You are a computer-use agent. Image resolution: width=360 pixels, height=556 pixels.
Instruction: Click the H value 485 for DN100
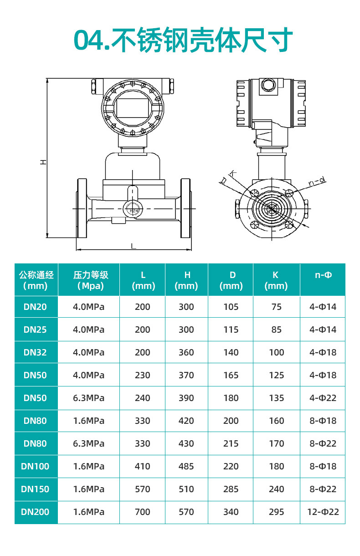pos(186,466)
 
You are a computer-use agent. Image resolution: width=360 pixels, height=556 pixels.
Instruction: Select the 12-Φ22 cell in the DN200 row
pos(323,512)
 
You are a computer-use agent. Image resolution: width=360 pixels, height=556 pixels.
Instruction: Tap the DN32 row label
pos(35,352)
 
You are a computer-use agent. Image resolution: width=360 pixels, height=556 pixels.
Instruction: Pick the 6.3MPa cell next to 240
pos(89,398)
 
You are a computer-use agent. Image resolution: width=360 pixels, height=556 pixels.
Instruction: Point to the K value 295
pos(276,512)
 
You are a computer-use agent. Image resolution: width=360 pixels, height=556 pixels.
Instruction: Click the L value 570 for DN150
pos(143,489)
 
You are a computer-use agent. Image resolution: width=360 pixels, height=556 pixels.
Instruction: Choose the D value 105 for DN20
pos(231,307)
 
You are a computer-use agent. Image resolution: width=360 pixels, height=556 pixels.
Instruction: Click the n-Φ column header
pos(323,275)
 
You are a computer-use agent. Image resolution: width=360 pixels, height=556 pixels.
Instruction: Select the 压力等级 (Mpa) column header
pos(91,280)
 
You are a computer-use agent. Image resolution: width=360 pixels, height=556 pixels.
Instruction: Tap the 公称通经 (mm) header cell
pos(36,280)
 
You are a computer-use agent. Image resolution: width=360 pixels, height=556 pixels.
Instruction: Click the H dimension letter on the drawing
pos(43,162)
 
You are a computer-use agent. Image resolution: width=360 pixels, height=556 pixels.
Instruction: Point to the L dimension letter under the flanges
pos(134,246)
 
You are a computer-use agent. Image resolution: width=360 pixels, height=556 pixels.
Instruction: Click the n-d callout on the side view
pos(317,181)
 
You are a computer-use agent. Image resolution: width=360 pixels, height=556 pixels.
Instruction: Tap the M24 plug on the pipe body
pos(133,211)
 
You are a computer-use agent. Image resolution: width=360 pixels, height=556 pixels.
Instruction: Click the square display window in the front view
pos(134,108)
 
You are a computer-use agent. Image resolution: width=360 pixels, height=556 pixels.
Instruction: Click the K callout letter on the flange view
pos(232,174)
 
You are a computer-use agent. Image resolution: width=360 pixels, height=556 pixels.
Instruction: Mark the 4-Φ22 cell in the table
pos(323,398)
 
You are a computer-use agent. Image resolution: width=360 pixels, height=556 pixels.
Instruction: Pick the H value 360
pos(186,352)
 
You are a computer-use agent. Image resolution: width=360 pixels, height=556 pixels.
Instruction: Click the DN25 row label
pos(35,329)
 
